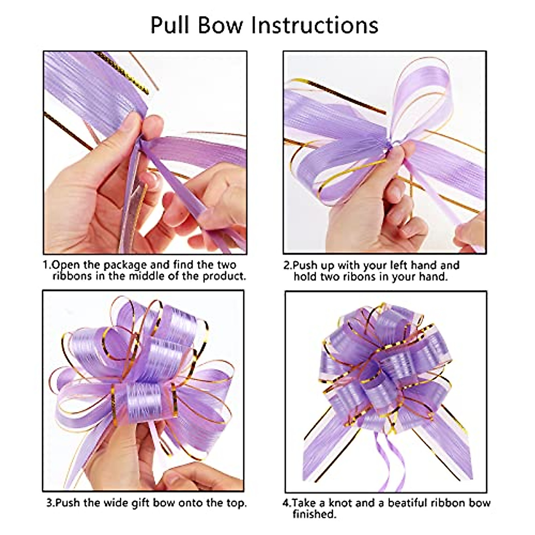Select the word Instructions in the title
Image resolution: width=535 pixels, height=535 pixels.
coord(315,25)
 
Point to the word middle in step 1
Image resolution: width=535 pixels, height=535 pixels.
coord(148,276)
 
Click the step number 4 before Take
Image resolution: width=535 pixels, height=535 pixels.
coord(286,503)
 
